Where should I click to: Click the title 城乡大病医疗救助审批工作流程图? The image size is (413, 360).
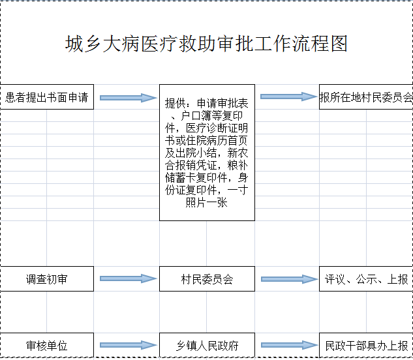tap(206, 44)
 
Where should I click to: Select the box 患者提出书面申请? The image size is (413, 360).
tap(46, 98)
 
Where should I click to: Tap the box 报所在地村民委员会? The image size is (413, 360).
tap(366, 98)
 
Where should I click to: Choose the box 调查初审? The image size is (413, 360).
tap(46, 279)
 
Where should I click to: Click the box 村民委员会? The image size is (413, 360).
tap(207, 279)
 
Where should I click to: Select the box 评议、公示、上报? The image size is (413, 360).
tap(366, 279)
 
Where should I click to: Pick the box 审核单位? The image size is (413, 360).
tap(46, 345)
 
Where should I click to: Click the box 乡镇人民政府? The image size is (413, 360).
tap(207, 345)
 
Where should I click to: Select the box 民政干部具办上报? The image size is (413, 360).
tap(366, 345)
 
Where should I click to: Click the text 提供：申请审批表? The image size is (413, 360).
tap(207, 103)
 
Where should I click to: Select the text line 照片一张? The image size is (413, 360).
tap(207, 203)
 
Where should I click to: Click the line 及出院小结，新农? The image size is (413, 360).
tap(207, 153)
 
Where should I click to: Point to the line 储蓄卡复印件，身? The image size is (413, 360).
tap(207, 178)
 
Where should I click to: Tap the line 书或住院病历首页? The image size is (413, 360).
tap(207, 140)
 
